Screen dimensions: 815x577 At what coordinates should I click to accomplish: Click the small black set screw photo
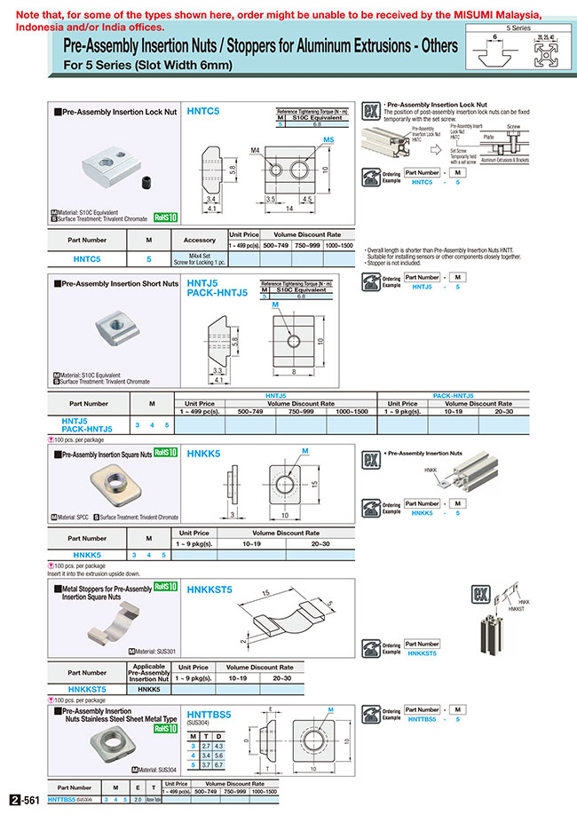coord(146,184)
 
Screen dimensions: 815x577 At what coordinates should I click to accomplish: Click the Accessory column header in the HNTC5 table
coord(199,240)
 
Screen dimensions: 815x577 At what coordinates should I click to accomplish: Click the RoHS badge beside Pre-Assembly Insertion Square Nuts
coord(164,452)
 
